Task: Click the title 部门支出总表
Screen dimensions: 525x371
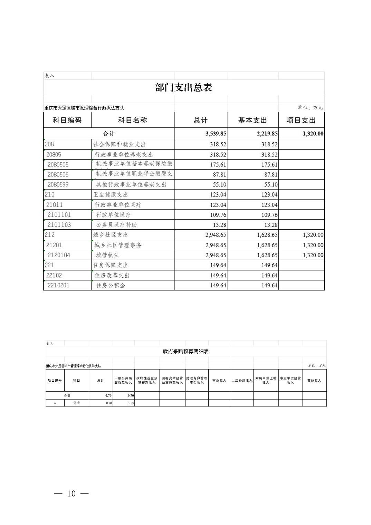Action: (x=183, y=87)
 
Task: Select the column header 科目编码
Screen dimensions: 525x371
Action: (x=67, y=120)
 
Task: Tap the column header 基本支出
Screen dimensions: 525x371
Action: (x=253, y=120)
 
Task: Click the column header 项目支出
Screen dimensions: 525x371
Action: (x=301, y=120)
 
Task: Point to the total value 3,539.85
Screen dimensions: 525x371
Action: (x=216, y=134)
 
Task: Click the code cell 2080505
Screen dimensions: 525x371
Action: (x=58, y=164)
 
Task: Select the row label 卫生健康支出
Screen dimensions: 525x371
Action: (x=111, y=194)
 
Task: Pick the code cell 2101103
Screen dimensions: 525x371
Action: (x=59, y=225)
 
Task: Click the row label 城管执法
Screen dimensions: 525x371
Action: (x=107, y=255)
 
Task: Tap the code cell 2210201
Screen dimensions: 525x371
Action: (x=58, y=285)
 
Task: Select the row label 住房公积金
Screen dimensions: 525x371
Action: (x=111, y=285)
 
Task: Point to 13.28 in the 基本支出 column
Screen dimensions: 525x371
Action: (x=270, y=225)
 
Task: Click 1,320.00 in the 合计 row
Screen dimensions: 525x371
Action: (x=313, y=134)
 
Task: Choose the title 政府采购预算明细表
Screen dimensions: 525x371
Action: (x=186, y=351)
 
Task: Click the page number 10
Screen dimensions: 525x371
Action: (x=72, y=494)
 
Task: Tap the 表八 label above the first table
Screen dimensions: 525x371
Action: (x=49, y=76)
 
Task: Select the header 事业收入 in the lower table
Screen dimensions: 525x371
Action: (x=219, y=380)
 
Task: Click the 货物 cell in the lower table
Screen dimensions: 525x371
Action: (x=76, y=403)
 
